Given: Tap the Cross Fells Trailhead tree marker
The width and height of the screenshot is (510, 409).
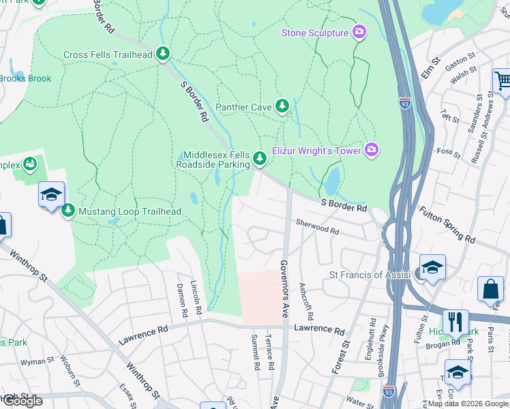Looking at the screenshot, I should [162, 54].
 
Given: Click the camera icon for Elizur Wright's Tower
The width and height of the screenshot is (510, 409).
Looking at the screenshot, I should [371, 149].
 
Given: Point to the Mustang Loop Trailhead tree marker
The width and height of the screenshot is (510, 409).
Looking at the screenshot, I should [68, 211].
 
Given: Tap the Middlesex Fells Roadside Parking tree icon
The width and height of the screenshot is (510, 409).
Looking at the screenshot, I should [259, 159].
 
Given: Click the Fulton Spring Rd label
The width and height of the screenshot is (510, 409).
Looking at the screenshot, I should [447, 226].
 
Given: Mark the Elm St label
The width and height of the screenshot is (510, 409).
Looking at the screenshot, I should [428, 70].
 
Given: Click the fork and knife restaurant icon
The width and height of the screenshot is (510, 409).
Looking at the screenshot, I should [455, 322].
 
